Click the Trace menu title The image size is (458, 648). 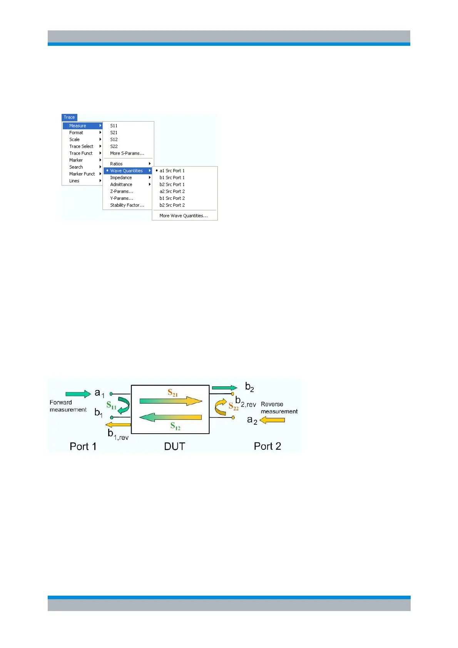pyautogui.click(x=69, y=117)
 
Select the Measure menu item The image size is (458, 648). pyautogui.click(x=78, y=126)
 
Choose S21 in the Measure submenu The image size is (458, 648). pyautogui.click(x=114, y=133)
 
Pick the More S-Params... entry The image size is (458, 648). pyautogui.click(x=127, y=154)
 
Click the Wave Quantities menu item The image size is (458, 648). pyautogui.click(x=127, y=171)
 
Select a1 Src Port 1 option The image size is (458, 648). pyautogui.click(x=172, y=171)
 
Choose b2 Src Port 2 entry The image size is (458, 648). pyautogui.click(x=172, y=205)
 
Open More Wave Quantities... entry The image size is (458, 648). pyautogui.click(x=184, y=216)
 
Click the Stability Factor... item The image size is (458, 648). pyautogui.click(x=127, y=205)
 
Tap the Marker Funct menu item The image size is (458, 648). pyautogui.click(x=82, y=174)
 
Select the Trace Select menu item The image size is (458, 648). pyautogui.click(x=81, y=147)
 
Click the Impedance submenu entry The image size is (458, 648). pyautogui.click(x=121, y=178)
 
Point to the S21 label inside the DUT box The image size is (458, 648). pyautogui.click(x=172, y=393)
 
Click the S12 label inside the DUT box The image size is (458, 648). pyautogui.click(x=175, y=426)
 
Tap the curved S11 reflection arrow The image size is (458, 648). pyautogui.click(x=124, y=406)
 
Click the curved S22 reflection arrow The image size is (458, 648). pyautogui.click(x=220, y=408)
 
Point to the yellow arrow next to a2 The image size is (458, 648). pyautogui.click(x=272, y=420)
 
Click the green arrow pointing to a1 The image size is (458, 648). pyautogui.click(x=78, y=394)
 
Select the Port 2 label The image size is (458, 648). pyautogui.click(x=267, y=446)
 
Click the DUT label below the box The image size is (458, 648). pyautogui.click(x=174, y=446)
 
